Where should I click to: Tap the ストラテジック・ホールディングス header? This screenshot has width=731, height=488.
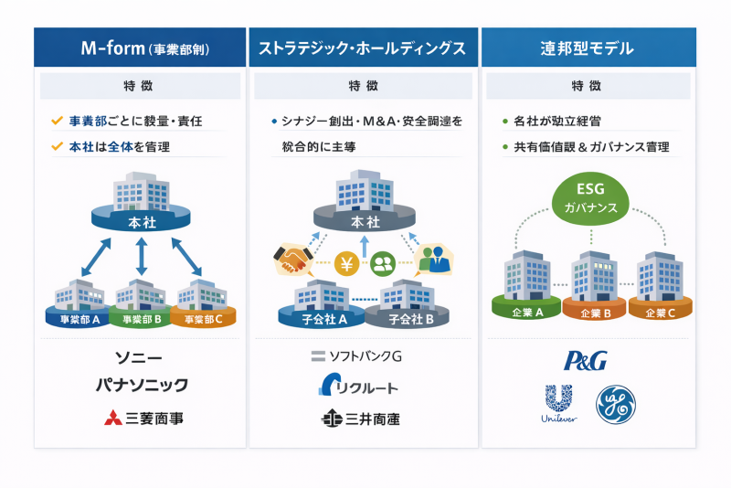[363, 48]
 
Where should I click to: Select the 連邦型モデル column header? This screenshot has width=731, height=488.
[587, 48]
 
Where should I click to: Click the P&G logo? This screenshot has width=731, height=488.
[586, 360]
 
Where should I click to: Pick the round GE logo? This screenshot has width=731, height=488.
[616, 404]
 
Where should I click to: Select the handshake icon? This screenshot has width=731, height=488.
[292, 260]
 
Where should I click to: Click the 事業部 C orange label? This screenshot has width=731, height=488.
[203, 320]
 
